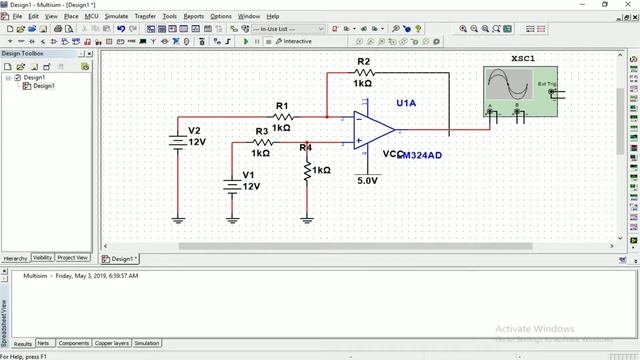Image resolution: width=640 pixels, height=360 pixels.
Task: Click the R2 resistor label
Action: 362,61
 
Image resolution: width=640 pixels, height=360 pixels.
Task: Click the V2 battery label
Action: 194,131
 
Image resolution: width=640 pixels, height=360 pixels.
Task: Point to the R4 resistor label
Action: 305,148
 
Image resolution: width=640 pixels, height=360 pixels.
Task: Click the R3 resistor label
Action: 261,131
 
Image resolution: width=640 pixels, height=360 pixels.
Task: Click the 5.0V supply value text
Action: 367,181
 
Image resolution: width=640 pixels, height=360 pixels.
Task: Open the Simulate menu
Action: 116,16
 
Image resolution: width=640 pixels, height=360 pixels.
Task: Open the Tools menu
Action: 170,16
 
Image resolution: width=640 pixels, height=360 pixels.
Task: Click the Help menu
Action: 272,16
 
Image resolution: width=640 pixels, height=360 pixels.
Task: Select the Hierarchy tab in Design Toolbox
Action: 14,258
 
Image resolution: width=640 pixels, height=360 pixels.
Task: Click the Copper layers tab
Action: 111,343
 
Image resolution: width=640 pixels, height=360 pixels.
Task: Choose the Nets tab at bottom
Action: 45,343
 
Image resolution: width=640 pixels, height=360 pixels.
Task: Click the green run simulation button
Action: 246,41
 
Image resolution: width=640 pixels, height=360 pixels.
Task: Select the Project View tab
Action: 73,258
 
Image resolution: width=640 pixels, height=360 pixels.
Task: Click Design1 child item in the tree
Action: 43,86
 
